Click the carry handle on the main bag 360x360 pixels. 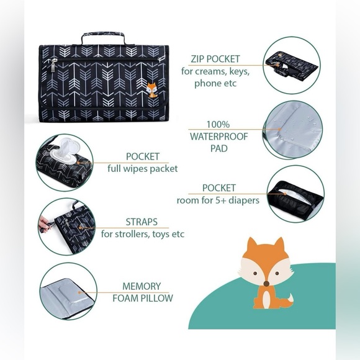coord(103,34)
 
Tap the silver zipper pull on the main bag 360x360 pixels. coord(53,65)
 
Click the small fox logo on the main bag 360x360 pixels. coord(152,90)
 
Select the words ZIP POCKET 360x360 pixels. coord(215,59)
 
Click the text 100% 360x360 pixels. coord(218,124)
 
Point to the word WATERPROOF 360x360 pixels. coord(219,137)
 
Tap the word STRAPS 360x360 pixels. coord(142,222)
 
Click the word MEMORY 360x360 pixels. coord(142,286)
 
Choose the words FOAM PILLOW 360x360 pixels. coord(143,298)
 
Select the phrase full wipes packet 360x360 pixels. coord(143,169)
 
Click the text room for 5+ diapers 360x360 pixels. coord(218,200)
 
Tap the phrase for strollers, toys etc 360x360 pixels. coord(143,234)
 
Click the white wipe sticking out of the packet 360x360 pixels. coord(64,148)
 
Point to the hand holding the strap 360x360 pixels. coord(44,223)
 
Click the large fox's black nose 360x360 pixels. coord(266,284)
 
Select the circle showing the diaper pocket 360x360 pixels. coord(295,194)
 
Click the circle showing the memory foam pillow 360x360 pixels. coord(68,291)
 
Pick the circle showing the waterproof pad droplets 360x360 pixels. coord(292,130)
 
